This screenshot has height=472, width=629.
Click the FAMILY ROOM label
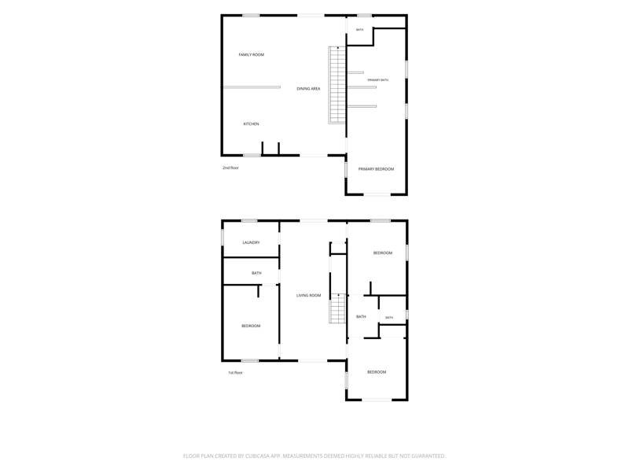tap(251, 54)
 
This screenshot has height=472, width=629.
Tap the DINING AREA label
tap(308, 89)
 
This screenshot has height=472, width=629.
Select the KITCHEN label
tap(251, 124)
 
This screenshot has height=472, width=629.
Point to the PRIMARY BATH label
tap(378, 80)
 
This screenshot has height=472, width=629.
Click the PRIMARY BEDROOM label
tap(376, 169)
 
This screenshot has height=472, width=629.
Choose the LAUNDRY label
tap(251, 242)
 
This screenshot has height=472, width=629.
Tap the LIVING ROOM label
tap(308, 296)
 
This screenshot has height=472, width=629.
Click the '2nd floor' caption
tap(230, 168)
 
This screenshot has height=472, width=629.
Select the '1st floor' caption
tap(235, 373)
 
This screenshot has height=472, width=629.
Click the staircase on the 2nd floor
tap(337, 85)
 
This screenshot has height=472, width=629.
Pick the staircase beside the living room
tap(337, 308)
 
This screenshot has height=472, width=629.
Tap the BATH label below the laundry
tap(256, 273)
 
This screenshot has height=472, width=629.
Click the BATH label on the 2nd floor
tap(360, 30)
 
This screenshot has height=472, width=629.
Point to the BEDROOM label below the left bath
tap(251, 326)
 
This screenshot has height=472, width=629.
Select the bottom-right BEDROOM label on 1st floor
tap(377, 372)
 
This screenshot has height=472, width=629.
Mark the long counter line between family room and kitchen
tap(252, 87)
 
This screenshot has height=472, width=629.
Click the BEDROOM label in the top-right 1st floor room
tap(383, 253)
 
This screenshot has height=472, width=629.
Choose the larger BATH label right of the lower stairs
tap(361, 317)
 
